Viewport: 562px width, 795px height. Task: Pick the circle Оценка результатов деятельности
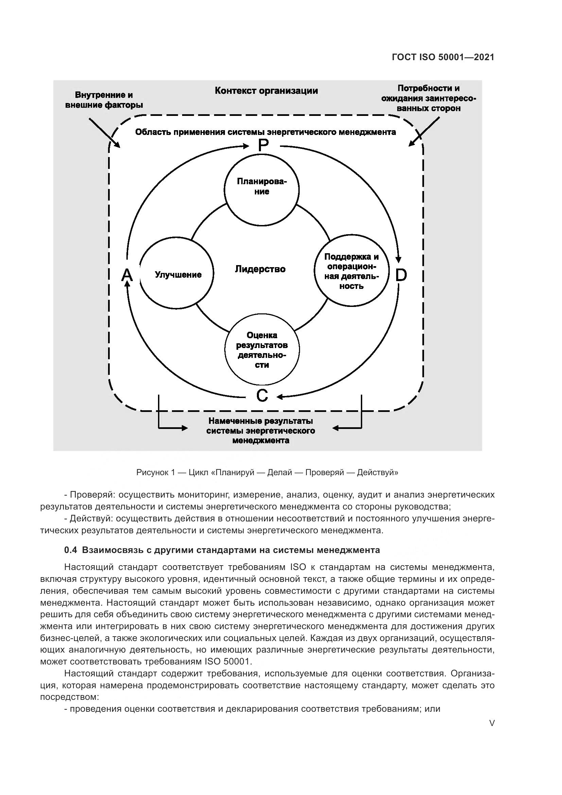pos(262,350)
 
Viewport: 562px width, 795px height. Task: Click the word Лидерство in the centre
pos(260,269)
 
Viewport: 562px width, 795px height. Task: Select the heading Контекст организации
pos(266,91)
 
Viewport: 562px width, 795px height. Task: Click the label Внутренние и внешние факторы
pos(104,100)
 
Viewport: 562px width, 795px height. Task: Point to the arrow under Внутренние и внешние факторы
pos(104,133)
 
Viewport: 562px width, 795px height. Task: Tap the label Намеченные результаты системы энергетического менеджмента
pos(261,431)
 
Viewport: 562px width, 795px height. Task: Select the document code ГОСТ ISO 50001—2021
pos(443,57)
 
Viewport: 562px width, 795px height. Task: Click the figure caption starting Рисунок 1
pos(267,472)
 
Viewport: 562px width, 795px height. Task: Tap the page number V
pos(492,723)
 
